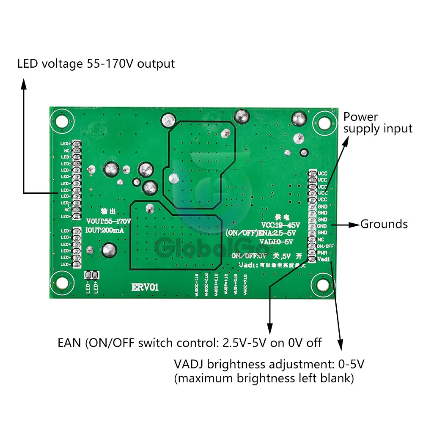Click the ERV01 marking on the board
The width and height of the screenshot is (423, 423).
point(145,288)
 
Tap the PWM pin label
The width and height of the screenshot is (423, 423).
point(323,253)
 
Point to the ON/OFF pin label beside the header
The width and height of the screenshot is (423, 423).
point(326,246)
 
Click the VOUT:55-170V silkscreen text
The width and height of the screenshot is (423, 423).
point(109,221)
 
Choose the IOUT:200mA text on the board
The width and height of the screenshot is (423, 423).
point(105,230)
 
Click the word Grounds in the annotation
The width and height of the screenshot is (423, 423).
point(384,224)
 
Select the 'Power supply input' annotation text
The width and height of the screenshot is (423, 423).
point(377,122)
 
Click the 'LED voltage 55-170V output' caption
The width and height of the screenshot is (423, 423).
point(96,64)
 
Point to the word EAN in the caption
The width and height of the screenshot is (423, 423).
point(70,343)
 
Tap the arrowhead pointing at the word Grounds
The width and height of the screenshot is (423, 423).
point(355,225)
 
